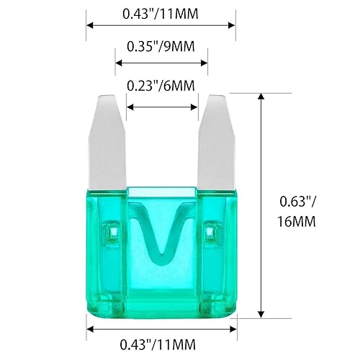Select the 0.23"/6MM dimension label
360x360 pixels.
click(161, 86)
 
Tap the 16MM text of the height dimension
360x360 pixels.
click(296, 222)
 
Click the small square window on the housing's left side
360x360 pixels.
click(112, 232)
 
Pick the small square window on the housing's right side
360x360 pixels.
click(211, 232)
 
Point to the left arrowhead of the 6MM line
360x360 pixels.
click(130, 107)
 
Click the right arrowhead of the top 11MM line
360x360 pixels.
click(233, 24)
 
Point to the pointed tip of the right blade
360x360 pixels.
click(215, 96)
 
